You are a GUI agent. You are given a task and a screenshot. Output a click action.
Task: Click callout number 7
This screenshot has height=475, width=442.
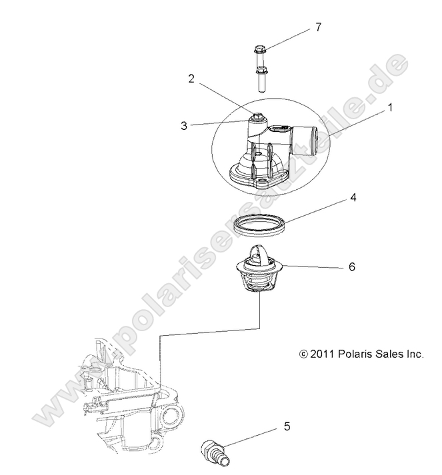click(319, 27)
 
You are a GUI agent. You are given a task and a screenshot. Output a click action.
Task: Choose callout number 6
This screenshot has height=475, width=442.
click(352, 266)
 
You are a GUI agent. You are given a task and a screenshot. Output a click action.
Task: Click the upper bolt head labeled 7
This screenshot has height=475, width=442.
click(260, 50)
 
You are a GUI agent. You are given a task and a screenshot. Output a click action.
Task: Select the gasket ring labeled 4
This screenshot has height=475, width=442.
click(260, 226)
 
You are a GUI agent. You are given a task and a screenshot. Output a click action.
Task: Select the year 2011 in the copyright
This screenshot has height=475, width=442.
click(319, 354)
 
